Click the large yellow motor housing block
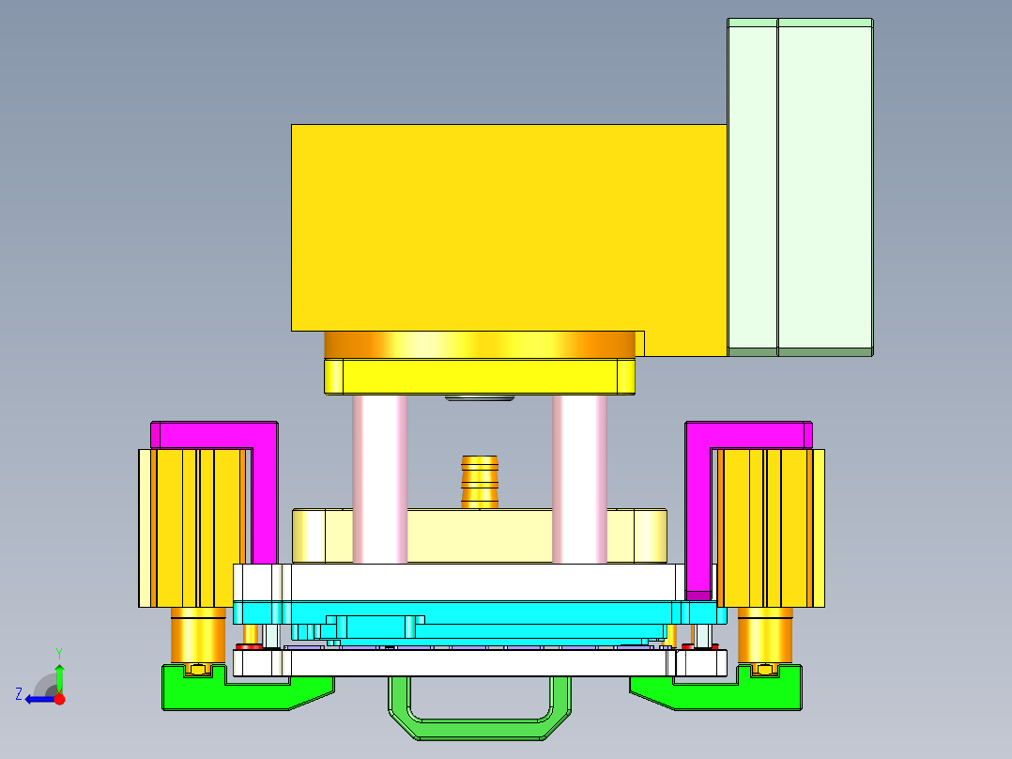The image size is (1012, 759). pyautogui.click(x=507, y=225)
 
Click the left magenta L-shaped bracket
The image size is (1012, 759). pyautogui.click(x=264, y=488)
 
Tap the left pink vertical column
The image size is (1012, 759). pyautogui.click(x=380, y=479)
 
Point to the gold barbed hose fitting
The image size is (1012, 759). pyautogui.click(x=480, y=480)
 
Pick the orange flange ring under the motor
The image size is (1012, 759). pyautogui.click(x=479, y=345)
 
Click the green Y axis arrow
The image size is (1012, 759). pyautogui.click(x=59, y=674)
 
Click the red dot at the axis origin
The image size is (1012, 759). pyautogui.click(x=59, y=699)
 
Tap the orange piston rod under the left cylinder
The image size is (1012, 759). pyautogui.click(x=197, y=634)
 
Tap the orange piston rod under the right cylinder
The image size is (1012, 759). pyautogui.click(x=765, y=634)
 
